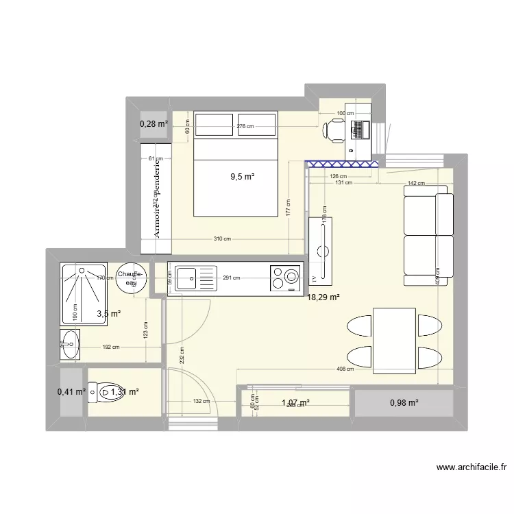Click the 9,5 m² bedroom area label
point(242,176)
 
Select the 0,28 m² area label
point(154,124)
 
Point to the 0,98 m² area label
point(404,403)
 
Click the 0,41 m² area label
point(72,392)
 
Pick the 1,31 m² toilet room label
point(125,392)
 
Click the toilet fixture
point(101,392)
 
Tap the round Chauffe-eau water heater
point(131,278)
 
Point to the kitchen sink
point(186,278)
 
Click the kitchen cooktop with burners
point(286,278)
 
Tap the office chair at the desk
point(335,130)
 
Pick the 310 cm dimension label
point(221,238)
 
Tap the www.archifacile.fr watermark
point(472,468)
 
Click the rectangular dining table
point(394,341)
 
